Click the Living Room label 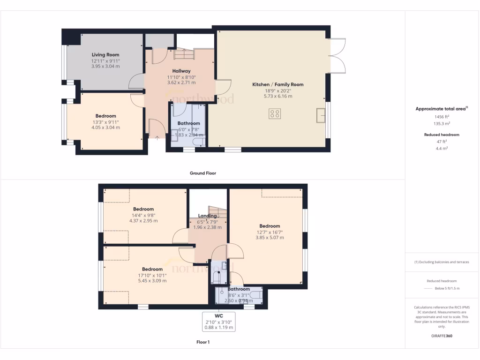105,55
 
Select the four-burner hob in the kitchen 275,113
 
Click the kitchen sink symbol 321,115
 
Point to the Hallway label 181,71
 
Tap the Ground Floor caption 203,173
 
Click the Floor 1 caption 203,342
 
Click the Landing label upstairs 207,216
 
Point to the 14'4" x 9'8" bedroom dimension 143,215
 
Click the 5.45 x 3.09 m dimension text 152,281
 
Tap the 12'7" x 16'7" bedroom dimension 270,232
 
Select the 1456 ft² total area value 435,117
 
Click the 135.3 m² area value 435,124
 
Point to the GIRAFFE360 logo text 442,336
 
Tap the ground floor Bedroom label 105,116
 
